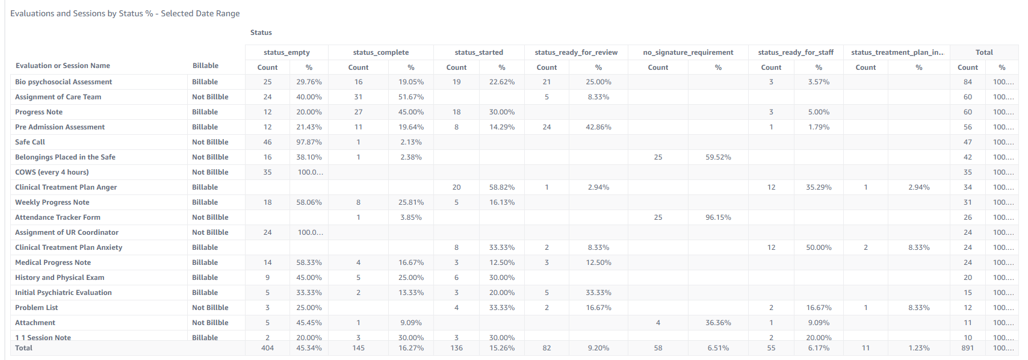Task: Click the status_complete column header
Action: click(380, 52)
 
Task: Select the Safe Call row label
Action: click(30, 142)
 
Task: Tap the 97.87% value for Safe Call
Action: click(309, 142)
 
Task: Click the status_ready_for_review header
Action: click(576, 52)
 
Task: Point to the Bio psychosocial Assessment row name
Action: click(63, 82)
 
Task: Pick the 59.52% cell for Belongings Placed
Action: click(718, 157)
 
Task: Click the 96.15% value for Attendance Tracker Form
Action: click(718, 217)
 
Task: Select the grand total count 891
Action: click(967, 348)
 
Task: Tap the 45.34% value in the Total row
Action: click(309, 348)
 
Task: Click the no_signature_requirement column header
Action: click(688, 52)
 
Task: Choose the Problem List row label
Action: click(36, 308)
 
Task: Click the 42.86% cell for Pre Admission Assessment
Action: click(598, 127)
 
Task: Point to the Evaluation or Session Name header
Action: click(63, 66)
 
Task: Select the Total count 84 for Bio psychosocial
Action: click(967, 82)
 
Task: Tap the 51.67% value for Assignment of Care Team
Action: click(411, 97)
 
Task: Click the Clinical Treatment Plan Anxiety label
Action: click(69, 247)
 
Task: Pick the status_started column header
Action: click(478, 52)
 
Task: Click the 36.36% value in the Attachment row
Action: click(718, 323)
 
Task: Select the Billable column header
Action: click(205, 66)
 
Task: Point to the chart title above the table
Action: click(125, 13)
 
